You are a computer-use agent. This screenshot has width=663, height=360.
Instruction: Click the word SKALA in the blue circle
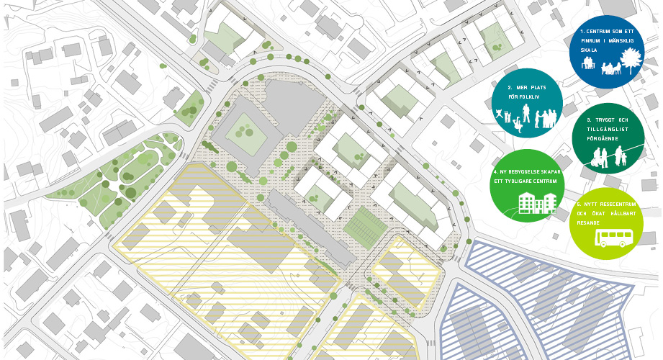pyautogui.click(x=590, y=51)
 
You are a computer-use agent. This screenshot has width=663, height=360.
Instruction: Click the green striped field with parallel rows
pyautogui.click(x=365, y=228)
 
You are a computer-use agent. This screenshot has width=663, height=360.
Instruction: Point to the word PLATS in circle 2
pyautogui.click(x=533, y=86)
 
